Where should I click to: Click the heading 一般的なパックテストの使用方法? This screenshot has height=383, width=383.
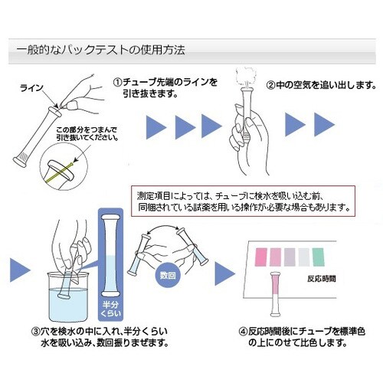coord(100,51)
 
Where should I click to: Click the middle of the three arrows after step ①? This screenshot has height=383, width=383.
coord(187,124)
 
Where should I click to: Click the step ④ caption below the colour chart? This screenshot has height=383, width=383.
coord(303,339)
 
